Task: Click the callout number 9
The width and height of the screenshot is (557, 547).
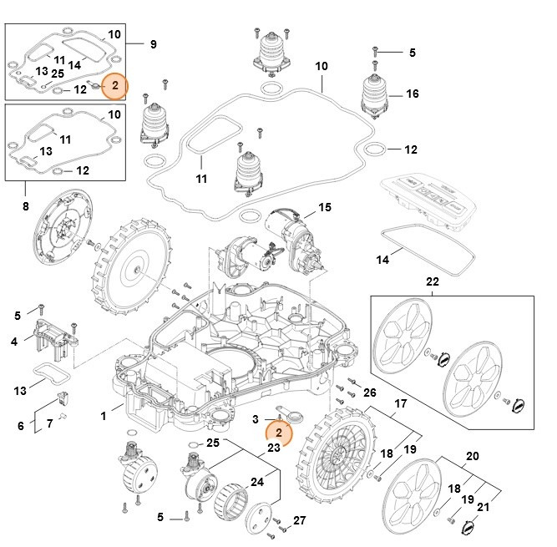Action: click(x=153, y=43)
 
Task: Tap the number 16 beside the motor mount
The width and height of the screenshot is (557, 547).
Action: click(x=412, y=94)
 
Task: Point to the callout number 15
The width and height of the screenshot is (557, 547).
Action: click(x=324, y=207)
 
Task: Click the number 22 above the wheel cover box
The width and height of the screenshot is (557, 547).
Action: click(x=432, y=282)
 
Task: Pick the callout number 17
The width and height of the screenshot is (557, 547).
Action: click(x=400, y=403)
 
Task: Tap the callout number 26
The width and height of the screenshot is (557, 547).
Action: click(x=370, y=392)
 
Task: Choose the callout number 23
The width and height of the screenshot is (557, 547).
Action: click(x=273, y=447)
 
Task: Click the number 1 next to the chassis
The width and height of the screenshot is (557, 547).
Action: click(x=103, y=415)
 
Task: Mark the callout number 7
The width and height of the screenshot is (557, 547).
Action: click(x=49, y=424)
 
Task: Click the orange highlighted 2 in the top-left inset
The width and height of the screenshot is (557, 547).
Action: click(x=115, y=86)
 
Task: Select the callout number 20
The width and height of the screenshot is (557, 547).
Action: click(x=472, y=457)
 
